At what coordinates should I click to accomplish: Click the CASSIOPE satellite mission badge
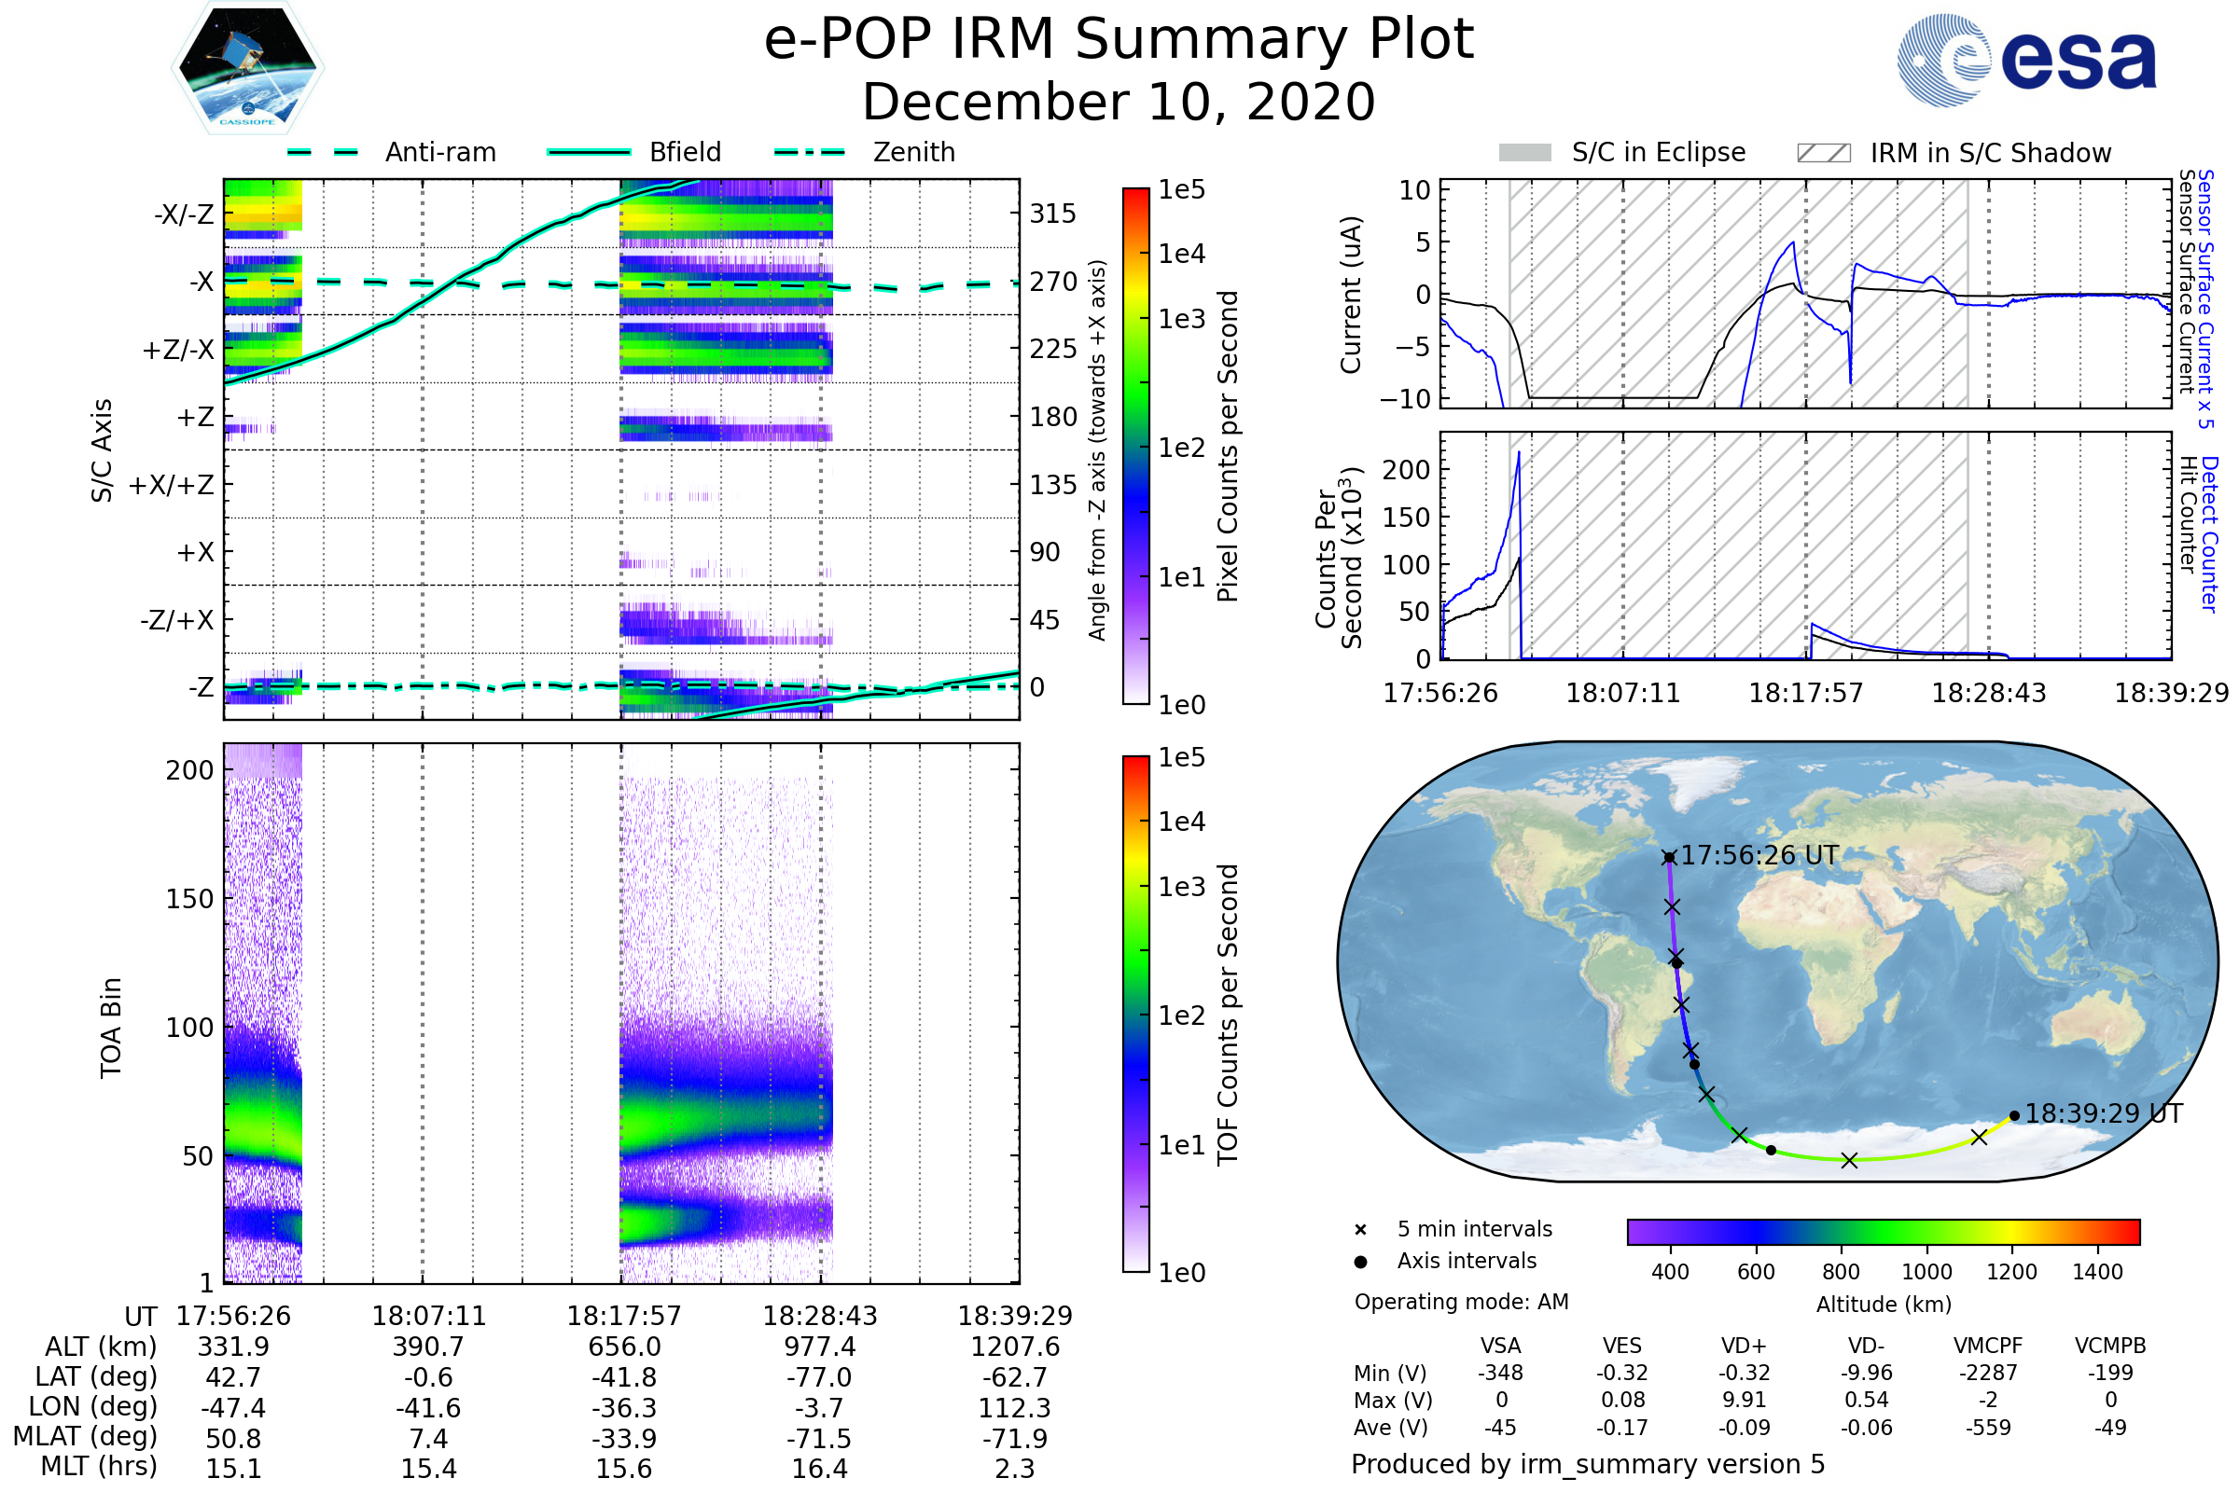(247, 67)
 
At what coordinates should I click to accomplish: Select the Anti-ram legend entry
(439, 152)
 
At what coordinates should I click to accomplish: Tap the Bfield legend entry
(685, 152)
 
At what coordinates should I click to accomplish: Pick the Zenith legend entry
(913, 152)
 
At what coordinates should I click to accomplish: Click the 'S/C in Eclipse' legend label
(1658, 153)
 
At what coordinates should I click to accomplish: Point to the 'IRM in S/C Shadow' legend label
(1990, 153)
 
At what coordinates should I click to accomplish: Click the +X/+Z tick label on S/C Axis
(172, 485)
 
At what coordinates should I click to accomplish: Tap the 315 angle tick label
(1052, 214)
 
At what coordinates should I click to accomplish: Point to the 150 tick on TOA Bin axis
(189, 899)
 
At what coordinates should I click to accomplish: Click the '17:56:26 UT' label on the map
(1759, 855)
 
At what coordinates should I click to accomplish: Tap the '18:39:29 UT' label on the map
(2103, 1113)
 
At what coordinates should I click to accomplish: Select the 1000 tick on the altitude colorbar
(1926, 1272)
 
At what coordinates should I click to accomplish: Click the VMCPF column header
(1988, 1347)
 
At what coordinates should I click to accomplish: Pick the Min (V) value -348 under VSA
(1500, 1373)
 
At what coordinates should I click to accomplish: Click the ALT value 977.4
(820, 1347)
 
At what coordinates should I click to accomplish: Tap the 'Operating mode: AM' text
(1461, 1302)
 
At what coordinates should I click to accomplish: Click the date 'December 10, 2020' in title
(1119, 102)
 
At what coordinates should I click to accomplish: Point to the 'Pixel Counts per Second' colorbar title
(1228, 447)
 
